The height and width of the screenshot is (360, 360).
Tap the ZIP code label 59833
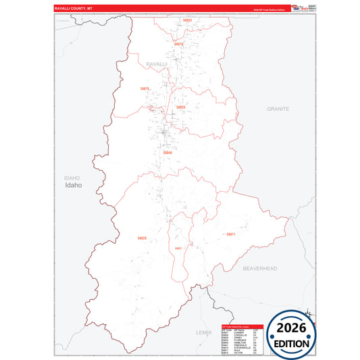pos(187,20)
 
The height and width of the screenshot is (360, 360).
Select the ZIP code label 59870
pos(179,44)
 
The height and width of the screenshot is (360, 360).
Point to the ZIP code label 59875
pos(145,88)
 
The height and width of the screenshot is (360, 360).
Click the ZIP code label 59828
pos(180,107)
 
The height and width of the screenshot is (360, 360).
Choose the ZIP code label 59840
pos(167,153)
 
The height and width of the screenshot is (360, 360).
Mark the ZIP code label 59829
pos(142,238)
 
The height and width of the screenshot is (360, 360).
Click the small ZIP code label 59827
pos(178,248)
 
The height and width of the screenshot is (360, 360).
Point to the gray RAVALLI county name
pos(157,63)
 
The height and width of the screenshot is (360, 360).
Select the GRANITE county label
pos(278,108)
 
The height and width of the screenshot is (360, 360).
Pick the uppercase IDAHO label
pos(72,178)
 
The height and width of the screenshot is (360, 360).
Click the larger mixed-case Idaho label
pos(73,185)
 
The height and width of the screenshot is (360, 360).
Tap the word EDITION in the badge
pos(292,343)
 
